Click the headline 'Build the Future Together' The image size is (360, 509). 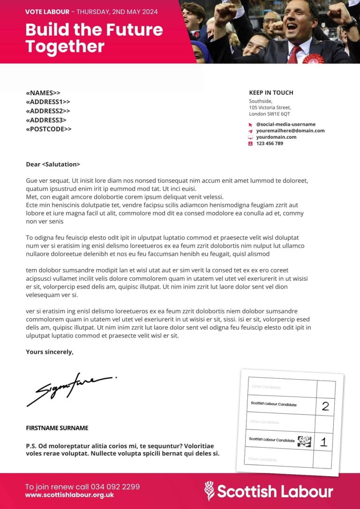94,38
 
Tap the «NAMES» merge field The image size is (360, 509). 43,93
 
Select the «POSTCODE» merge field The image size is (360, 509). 49,129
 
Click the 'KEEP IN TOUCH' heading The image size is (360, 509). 271,93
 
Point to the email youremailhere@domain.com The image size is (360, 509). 290,131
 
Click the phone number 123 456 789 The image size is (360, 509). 270,143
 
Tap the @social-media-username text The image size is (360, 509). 285,124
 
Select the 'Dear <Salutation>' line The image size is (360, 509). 53,165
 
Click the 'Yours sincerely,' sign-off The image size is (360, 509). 50,352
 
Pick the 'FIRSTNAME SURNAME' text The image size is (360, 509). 57,428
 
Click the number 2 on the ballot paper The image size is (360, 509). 325,406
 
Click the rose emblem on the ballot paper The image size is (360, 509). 305,441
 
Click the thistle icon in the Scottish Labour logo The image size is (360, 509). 210,490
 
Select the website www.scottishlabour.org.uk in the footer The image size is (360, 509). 69,495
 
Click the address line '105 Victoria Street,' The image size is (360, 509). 270,107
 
